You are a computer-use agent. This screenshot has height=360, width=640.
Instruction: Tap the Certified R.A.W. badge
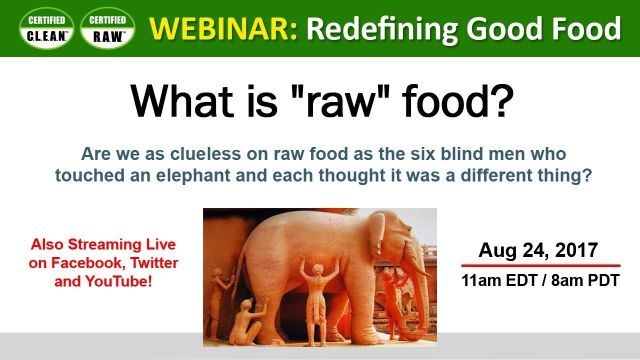click(106, 29)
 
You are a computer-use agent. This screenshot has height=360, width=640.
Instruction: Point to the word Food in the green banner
click(584, 28)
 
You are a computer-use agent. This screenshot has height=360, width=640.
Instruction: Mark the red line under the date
click(541, 266)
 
